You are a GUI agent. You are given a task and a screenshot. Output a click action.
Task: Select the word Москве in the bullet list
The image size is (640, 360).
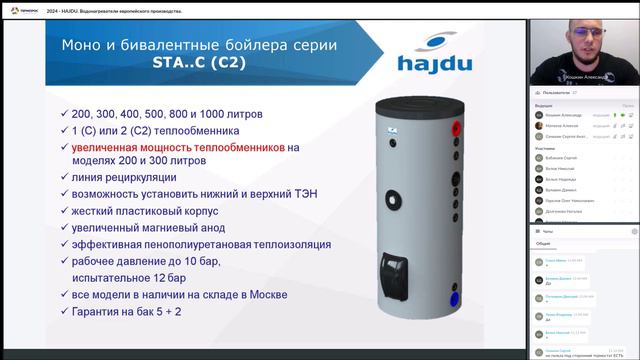(x=263, y=295)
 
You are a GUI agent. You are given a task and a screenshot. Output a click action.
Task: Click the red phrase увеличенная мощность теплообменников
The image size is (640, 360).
(x=177, y=147)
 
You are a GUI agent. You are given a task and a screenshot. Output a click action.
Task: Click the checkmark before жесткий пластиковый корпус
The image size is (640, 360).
(x=63, y=212)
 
